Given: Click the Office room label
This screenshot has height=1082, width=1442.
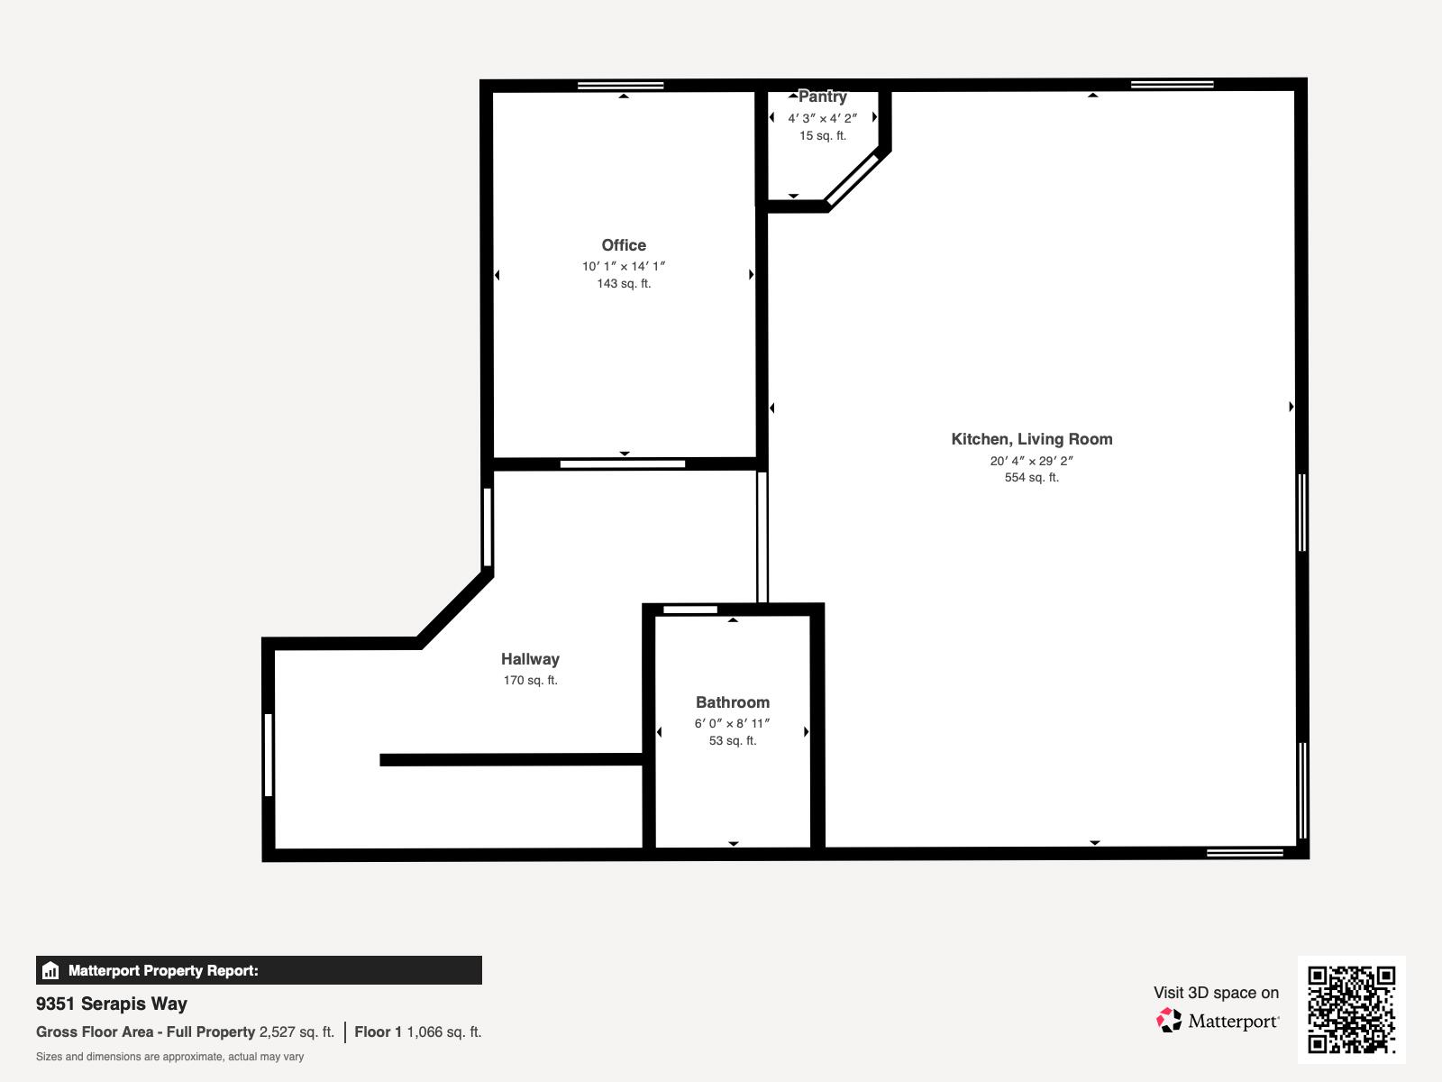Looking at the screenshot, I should coord(624,245).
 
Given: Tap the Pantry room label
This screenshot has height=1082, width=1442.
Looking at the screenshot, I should coord(822,97).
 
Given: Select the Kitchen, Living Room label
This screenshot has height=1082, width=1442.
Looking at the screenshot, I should coord(1031,439).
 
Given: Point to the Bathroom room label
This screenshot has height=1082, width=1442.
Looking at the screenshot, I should coord(732,702).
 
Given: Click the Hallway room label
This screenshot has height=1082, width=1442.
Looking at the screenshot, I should coord(530,659).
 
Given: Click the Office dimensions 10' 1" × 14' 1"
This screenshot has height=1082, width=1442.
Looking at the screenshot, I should coord(624,266).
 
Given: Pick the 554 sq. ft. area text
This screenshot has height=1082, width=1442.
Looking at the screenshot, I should coord(1031,478).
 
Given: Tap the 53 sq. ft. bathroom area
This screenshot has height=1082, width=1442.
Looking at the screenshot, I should coord(732,741).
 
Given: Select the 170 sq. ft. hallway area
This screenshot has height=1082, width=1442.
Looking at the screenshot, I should coord(530,681).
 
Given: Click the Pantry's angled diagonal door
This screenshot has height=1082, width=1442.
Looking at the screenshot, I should coord(852,179).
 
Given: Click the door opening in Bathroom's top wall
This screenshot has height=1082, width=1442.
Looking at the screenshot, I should coord(690,610).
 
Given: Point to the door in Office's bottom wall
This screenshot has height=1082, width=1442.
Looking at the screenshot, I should coord(622,464).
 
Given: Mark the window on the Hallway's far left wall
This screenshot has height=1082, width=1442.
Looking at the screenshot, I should coord(269,755).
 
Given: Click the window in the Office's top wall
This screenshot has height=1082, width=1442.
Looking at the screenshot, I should coord(620,86).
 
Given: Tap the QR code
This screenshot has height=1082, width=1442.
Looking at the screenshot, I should coord(1351,1009).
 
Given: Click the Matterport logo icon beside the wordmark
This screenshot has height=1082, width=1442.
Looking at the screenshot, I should coord(1169,1021).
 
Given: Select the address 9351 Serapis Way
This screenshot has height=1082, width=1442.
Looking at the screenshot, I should coord(112,1004).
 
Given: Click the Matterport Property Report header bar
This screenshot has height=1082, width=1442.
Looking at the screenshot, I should coord(259,970).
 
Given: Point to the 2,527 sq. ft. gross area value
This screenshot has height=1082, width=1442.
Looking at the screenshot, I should coord(297,1032).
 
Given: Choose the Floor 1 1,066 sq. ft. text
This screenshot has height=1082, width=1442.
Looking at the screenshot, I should coord(417,1032).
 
